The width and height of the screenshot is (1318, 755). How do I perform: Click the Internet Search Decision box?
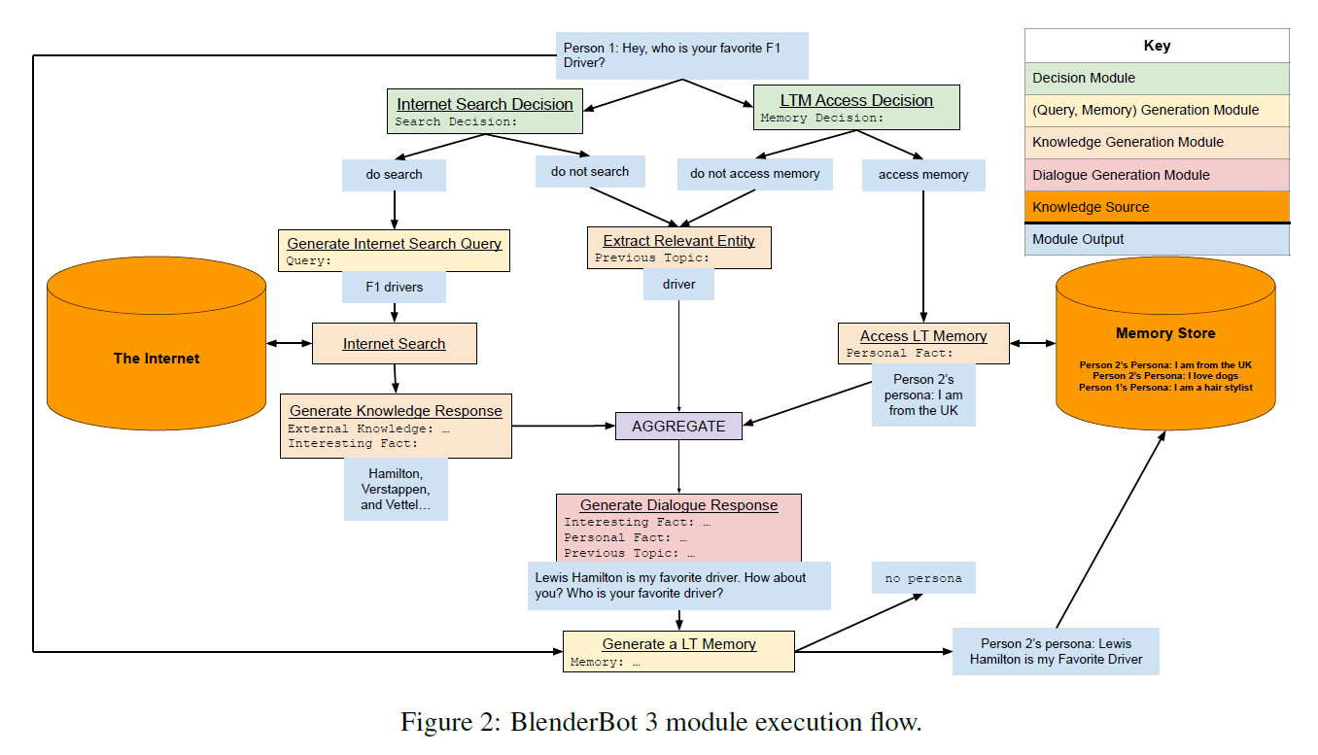click(485, 112)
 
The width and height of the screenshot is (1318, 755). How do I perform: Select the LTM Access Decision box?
click(856, 108)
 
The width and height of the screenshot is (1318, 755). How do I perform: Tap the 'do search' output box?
click(394, 175)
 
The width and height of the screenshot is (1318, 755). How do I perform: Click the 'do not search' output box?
click(589, 172)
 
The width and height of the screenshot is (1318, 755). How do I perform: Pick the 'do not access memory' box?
click(754, 174)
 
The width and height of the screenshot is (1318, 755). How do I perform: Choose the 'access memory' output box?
click(922, 175)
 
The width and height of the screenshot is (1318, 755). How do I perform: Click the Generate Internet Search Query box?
click(394, 251)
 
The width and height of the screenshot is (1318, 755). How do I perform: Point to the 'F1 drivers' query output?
click(394, 288)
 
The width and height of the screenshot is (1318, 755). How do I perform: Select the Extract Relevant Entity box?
click(678, 248)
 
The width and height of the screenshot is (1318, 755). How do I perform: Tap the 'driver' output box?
click(678, 285)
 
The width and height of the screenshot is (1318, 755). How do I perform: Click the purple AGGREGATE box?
click(678, 426)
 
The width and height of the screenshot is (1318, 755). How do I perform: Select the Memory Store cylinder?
click(1164, 350)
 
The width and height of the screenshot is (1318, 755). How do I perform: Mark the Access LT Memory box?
click(922, 343)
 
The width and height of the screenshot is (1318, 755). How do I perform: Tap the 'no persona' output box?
click(922, 578)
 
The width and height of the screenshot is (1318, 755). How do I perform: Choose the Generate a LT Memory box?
click(678, 651)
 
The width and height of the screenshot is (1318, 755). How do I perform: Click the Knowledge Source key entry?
click(1157, 207)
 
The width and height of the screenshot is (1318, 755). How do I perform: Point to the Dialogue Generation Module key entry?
click(1157, 175)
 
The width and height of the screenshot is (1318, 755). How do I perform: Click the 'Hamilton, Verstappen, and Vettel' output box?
click(396, 490)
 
